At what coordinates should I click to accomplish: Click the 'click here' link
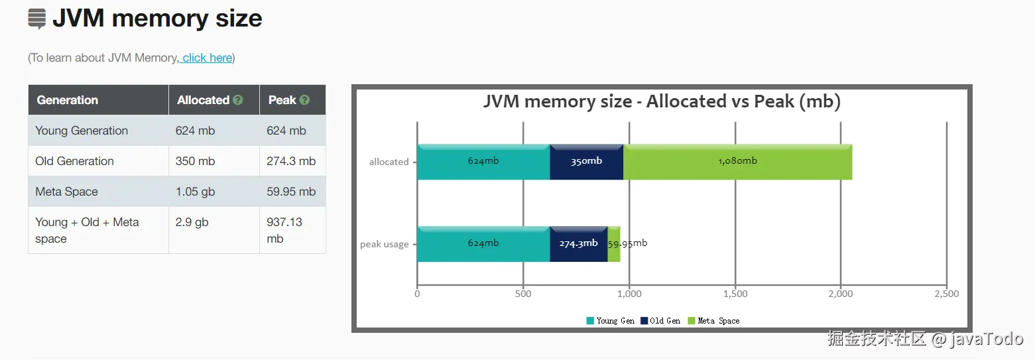click(208, 58)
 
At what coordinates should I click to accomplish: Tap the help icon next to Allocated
click(238, 100)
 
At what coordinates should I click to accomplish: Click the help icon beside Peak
click(304, 100)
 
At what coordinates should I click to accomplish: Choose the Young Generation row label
click(82, 131)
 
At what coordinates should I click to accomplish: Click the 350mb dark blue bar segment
click(586, 162)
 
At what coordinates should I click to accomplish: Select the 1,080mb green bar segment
click(737, 162)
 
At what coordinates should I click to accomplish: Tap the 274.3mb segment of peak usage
click(578, 244)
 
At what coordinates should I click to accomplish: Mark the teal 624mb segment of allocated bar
click(483, 162)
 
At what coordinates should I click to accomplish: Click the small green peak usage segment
click(613, 244)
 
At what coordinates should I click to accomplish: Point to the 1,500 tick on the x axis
click(735, 294)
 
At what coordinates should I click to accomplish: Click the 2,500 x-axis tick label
click(947, 294)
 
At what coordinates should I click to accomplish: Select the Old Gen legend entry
click(660, 321)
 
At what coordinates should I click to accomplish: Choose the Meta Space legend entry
click(713, 321)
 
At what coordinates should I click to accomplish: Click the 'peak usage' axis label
click(385, 244)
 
